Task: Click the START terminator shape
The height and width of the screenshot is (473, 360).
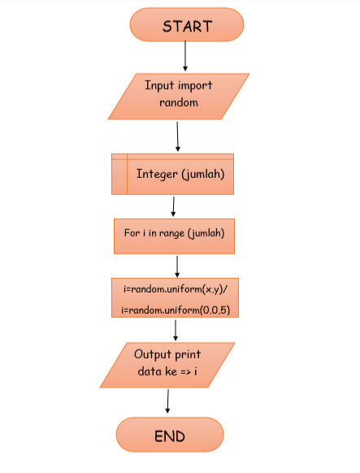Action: (186, 25)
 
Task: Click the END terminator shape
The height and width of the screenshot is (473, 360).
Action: (169, 436)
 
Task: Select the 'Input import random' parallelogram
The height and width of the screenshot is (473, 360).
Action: (178, 95)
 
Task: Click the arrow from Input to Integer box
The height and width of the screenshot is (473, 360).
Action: (178, 136)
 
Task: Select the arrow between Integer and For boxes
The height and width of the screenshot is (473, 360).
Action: (173, 206)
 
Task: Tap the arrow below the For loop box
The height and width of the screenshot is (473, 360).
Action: (177, 266)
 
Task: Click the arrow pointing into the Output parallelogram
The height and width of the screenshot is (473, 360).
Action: (176, 329)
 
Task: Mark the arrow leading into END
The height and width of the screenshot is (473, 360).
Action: (167, 402)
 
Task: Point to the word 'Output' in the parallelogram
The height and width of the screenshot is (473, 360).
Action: (156, 355)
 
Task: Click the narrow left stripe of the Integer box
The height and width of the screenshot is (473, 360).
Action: (119, 174)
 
